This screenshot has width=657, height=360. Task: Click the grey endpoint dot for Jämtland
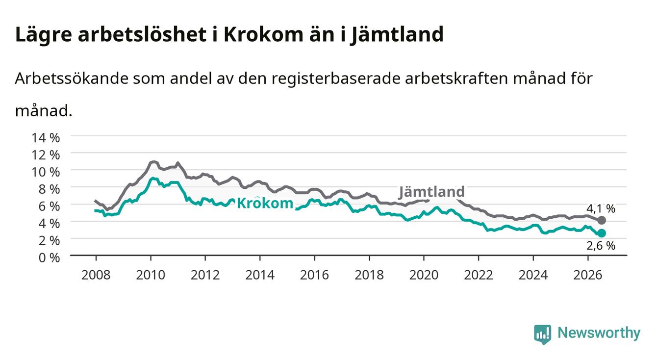point(601,220)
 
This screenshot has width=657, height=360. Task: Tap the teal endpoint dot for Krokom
point(602,233)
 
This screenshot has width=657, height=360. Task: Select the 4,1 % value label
point(601,208)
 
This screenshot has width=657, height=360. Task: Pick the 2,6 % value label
point(601,246)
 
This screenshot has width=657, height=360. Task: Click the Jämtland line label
point(431,192)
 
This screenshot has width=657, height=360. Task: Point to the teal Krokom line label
point(265,203)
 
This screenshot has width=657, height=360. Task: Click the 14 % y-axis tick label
point(46,138)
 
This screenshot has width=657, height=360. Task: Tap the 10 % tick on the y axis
point(46,172)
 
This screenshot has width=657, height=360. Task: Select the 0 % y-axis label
point(49,257)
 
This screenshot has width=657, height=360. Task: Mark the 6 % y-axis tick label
point(49,206)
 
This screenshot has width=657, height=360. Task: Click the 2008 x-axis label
point(96,275)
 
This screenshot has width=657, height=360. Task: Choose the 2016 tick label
point(314,275)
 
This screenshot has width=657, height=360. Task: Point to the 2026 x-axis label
point(588,275)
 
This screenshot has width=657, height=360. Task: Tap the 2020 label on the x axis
point(424,275)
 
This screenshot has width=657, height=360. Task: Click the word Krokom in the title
point(263,34)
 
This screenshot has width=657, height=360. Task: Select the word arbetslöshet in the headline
point(142,34)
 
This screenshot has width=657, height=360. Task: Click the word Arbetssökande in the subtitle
point(72,78)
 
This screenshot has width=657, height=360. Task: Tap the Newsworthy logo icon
point(543,334)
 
